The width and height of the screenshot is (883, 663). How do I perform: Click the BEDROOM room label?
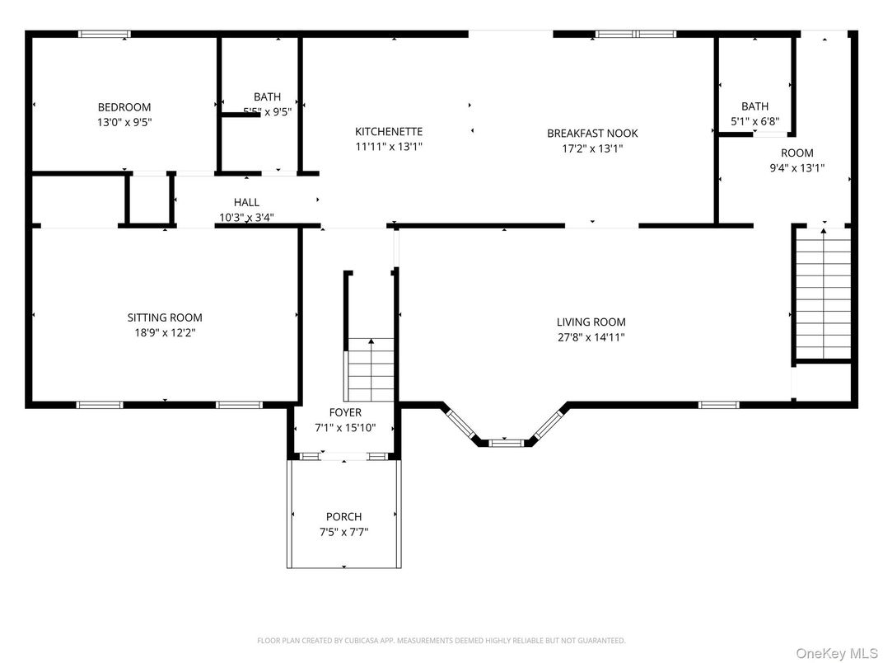click(124, 107)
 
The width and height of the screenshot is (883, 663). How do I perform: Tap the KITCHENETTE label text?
click(389, 132)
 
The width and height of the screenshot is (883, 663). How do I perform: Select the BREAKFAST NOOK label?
click(592, 134)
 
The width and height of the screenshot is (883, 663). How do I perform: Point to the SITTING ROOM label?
click(165, 317)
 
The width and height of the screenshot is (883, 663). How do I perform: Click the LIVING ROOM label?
click(591, 322)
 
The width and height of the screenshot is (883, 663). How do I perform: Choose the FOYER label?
click(345, 412)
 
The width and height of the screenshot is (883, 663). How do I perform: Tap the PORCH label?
click(343, 517)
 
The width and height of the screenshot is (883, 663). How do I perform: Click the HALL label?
click(246, 202)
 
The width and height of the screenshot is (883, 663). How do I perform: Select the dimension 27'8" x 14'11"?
click(591, 337)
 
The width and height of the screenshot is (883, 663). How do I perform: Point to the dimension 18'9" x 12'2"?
click(165, 333)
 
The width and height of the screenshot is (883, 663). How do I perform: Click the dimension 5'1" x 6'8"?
click(755, 121)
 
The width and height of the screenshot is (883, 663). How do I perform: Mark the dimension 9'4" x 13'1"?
click(797, 167)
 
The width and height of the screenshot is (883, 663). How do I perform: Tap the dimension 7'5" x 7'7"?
click(343, 532)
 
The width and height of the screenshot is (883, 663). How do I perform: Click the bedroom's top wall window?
click(104, 35)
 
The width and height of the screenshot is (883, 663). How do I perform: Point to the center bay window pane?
click(506, 443)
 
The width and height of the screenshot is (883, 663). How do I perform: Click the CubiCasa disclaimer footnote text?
click(441, 640)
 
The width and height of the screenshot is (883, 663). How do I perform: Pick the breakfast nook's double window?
click(636, 35)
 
